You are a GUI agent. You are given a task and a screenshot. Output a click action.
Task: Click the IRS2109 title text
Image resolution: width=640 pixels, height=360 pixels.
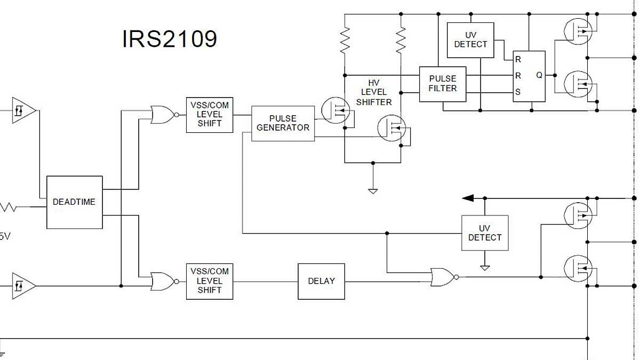tap(170, 39)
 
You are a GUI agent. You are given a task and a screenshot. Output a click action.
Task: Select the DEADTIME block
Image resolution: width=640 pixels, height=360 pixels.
tap(74, 202)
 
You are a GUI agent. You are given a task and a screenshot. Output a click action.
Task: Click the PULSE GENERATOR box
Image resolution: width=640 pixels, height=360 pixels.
tap(283, 123)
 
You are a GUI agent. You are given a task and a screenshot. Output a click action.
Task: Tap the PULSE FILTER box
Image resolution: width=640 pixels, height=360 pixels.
tap(443, 84)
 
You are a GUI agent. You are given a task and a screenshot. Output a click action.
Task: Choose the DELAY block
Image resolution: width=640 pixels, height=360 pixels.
tap(321, 281)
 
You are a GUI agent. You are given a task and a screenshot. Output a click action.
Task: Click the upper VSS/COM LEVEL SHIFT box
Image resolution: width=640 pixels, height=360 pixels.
tap(210, 115)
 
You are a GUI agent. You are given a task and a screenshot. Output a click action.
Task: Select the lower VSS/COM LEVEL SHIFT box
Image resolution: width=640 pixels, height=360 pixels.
tap(210, 281)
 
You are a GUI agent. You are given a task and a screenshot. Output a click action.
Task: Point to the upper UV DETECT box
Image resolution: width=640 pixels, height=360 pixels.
tap(470, 40)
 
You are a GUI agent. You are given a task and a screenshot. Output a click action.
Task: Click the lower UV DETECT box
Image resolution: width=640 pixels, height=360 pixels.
tap(485, 233)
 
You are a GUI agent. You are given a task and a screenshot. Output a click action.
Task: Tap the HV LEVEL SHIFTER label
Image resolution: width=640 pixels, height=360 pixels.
tap(373, 92)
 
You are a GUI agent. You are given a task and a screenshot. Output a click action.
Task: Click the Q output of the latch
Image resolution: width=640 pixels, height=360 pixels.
tap(539, 76)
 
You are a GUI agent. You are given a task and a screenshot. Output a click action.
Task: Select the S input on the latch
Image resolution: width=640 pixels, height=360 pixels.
tap(518, 92)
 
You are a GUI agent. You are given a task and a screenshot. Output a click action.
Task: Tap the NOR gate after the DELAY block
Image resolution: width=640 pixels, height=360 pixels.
tap(443, 277)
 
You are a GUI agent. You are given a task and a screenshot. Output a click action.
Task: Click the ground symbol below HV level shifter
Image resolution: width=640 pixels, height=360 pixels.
tap(373, 190)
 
